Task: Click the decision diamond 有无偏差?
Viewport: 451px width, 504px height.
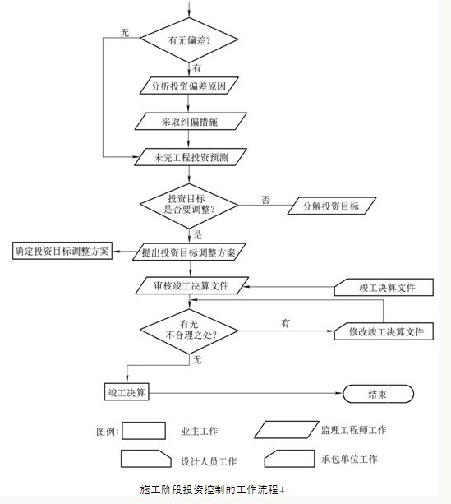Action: point(189,39)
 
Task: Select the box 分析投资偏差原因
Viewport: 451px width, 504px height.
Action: point(189,86)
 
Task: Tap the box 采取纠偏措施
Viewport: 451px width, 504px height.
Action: point(191,121)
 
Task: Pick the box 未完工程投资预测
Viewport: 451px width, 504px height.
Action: point(191,157)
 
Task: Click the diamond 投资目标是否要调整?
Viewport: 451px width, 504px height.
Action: point(189,206)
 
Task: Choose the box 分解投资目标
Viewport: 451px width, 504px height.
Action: point(332,206)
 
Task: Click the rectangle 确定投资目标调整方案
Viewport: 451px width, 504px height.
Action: point(62,251)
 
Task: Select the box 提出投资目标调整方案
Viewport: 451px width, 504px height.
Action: point(189,252)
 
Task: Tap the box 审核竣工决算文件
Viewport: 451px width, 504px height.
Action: point(191,285)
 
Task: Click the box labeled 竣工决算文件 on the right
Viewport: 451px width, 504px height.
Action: point(384,288)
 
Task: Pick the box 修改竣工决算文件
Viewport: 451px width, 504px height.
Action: point(384,331)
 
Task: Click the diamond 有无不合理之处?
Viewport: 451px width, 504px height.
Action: point(189,331)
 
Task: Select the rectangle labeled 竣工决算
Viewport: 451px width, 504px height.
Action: point(127,391)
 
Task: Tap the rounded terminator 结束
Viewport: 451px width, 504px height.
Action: point(378,394)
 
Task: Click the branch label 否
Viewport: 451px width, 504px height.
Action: point(265,200)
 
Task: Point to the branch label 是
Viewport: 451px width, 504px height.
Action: point(197,234)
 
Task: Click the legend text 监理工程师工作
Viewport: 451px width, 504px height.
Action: point(354,430)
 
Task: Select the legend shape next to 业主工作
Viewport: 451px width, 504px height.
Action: point(144,431)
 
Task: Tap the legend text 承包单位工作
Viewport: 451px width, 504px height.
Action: point(349,459)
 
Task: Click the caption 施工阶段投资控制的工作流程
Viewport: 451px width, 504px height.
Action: point(209,489)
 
